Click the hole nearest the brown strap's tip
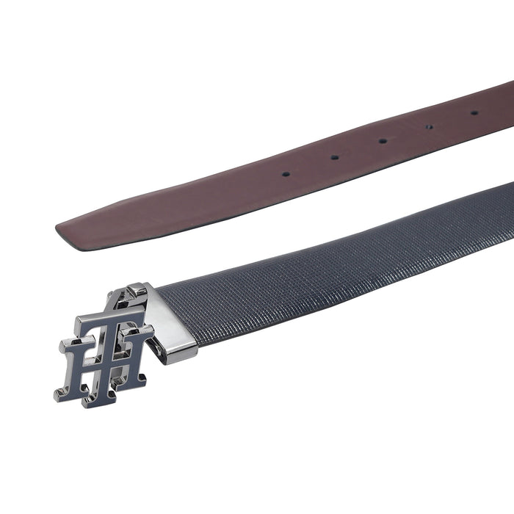pos(286,174)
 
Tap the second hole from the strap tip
pos(334,157)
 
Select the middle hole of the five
pos(383,141)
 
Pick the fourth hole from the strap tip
pos(429,127)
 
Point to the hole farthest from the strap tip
pos(474,113)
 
